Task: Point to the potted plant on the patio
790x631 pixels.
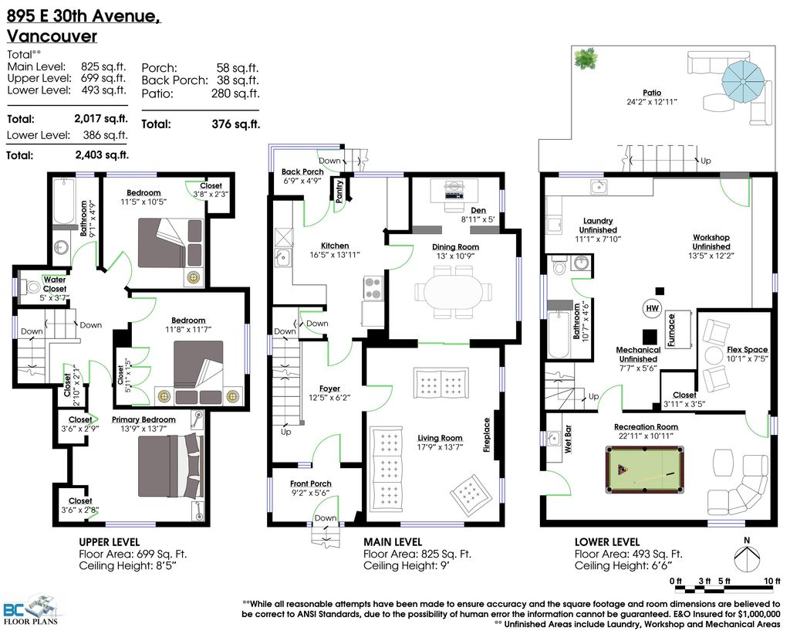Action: coord(586,58)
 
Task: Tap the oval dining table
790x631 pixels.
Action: coord(452,292)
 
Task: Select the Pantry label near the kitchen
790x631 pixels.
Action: coord(339,190)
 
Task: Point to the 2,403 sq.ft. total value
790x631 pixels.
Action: coord(103,154)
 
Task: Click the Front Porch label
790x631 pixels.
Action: coord(311,483)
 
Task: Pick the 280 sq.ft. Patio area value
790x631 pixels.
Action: coord(235,93)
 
